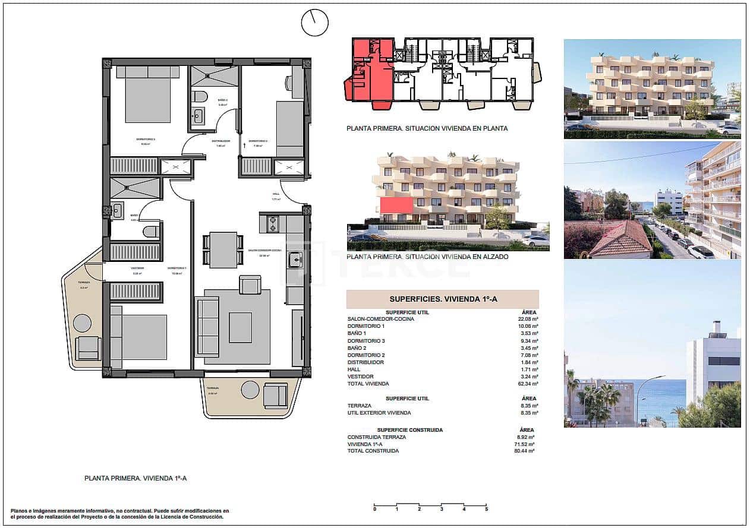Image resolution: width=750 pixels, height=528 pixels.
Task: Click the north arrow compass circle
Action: (x=314, y=23)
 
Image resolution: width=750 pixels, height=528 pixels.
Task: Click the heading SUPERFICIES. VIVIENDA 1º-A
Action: (x=442, y=299)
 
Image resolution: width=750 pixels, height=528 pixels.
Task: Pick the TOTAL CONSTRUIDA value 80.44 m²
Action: (x=526, y=451)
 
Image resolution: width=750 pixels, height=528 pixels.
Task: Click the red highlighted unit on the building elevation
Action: (x=396, y=205)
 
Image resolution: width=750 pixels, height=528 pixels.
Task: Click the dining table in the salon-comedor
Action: (x=223, y=249)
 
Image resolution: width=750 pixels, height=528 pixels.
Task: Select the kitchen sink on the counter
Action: (x=294, y=260)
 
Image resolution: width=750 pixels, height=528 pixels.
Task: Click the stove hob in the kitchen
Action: (x=274, y=224)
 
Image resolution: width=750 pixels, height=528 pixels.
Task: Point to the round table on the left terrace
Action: (x=82, y=323)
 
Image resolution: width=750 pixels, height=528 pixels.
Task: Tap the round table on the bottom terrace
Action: (x=250, y=390)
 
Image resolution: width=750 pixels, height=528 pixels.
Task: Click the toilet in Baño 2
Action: (x=200, y=96)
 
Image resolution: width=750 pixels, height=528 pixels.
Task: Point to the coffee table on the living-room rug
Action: (x=240, y=327)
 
